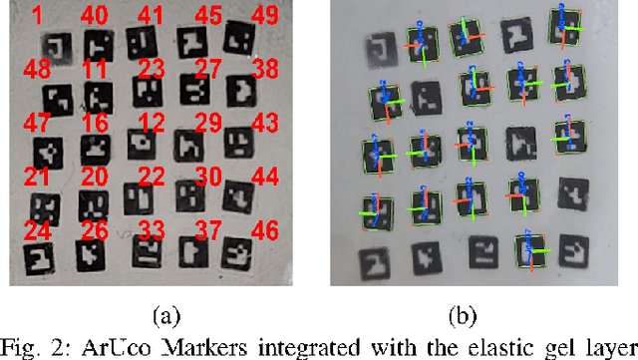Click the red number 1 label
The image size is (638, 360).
click(37, 17)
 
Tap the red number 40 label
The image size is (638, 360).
click(94, 17)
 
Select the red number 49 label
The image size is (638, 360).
click(264, 17)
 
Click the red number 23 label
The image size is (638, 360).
click(151, 70)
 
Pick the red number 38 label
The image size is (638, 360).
click(264, 70)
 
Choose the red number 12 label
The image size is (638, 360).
click(151, 123)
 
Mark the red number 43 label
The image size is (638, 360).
click(264, 123)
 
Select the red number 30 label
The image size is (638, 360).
click(207, 177)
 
